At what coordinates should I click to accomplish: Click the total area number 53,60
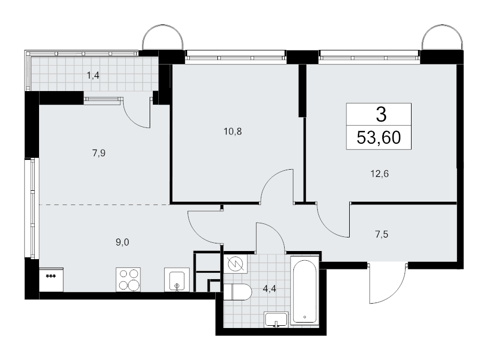pos(379,138)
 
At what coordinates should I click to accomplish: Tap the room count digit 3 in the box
pos(381,114)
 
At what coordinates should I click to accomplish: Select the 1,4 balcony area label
pos(93,76)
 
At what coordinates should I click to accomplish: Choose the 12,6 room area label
pos(379,174)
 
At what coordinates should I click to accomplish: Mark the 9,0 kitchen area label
pos(123,242)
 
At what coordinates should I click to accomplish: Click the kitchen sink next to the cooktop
pos(176,280)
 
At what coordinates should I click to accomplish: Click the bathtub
pos(305,293)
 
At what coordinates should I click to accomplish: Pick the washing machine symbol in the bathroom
pos(235,264)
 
